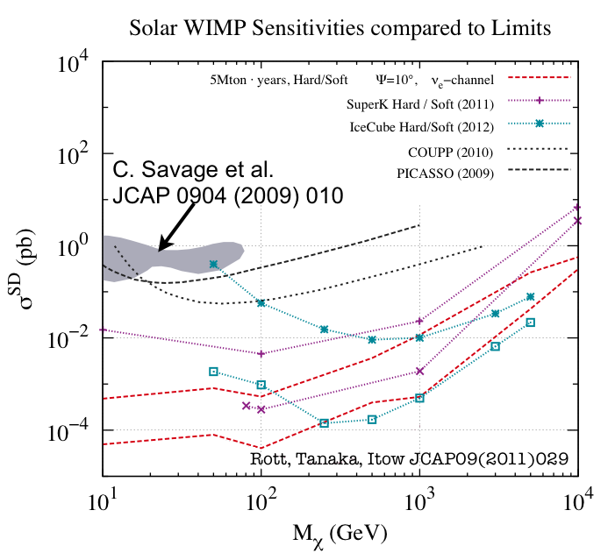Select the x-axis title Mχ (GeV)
point(340,533)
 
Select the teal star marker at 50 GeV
point(214,264)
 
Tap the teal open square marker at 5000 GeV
point(531,323)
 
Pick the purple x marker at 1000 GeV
point(420,371)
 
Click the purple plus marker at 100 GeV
point(261,353)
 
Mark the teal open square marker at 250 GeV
point(325,423)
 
